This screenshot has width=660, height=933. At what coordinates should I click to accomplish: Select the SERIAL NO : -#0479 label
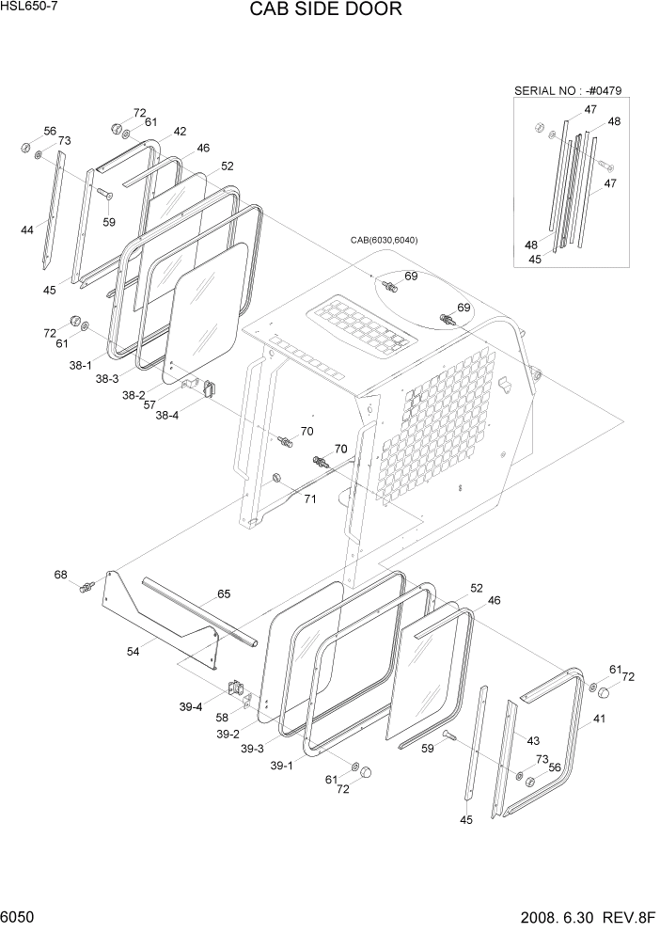tap(568, 90)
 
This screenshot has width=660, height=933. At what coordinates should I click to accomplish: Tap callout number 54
tap(134, 650)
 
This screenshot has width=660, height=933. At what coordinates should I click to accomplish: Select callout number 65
tap(224, 593)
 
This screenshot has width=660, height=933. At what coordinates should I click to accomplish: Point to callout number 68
tap(61, 575)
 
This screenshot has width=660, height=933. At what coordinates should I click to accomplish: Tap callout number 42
tap(179, 132)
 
